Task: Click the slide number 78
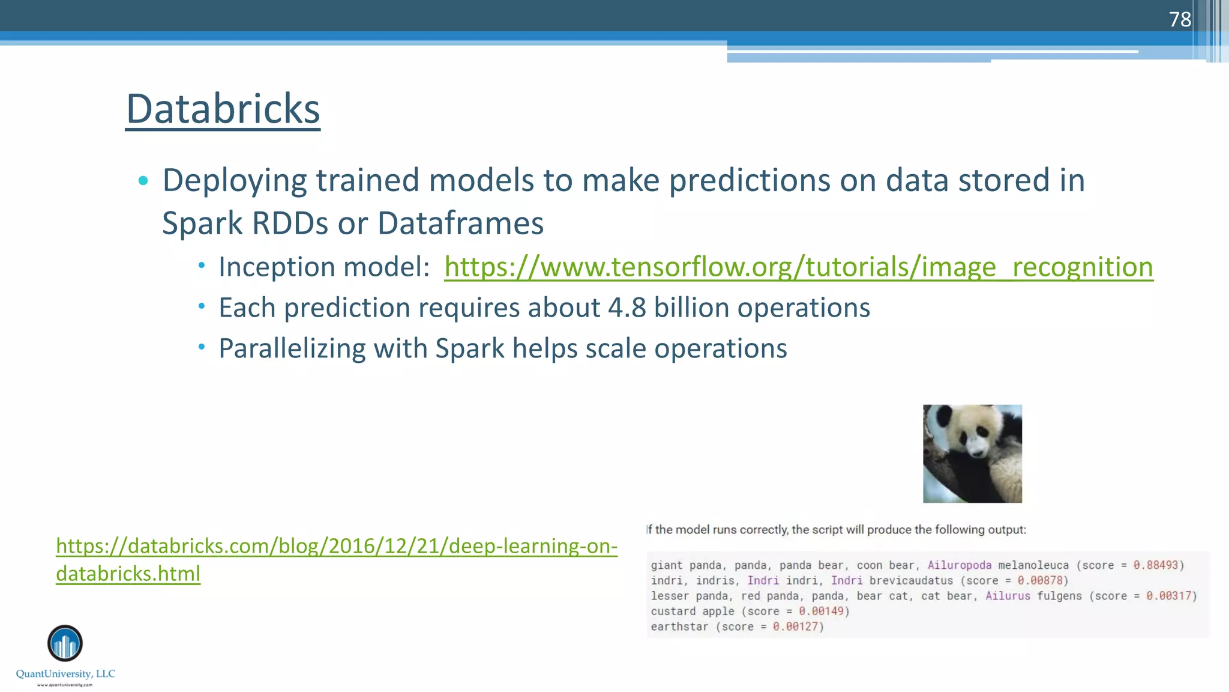tap(1179, 19)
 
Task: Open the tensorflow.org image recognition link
tap(798, 267)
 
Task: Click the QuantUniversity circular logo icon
tap(65, 643)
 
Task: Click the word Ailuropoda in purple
tap(959, 565)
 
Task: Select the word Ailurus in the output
tap(1008, 596)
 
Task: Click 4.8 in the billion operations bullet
tap(627, 308)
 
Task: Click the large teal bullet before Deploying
tap(143, 180)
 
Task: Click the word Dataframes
tap(460, 223)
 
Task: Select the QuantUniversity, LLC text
tap(65, 674)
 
